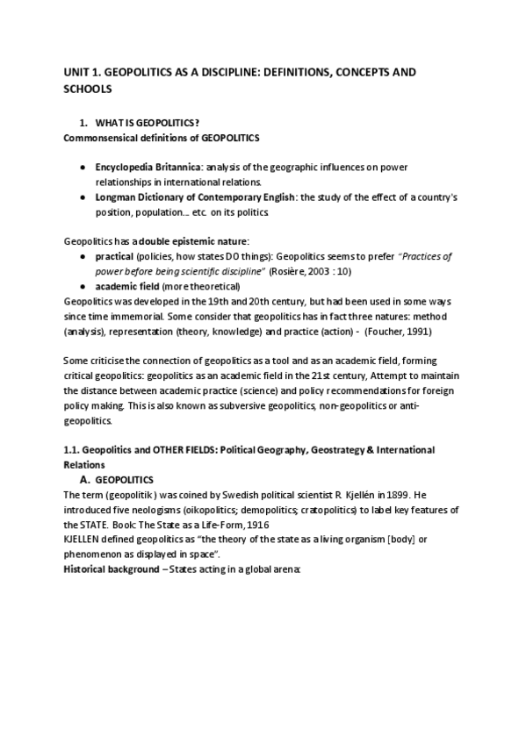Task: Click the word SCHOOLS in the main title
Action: [x=89, y=89]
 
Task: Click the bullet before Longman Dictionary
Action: [x=82, y=197]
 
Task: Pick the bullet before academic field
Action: [x=82, y=287]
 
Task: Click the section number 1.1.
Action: [x=73, y=450]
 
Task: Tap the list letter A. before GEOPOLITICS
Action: [x=85, y=480]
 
